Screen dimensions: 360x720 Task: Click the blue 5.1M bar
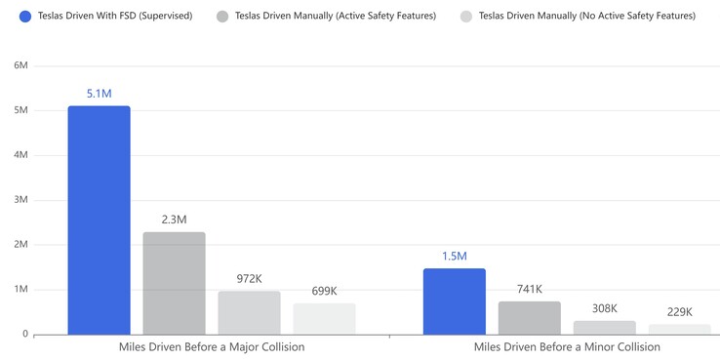99,220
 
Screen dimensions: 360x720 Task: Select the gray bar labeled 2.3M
174,283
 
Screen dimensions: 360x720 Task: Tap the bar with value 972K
249,312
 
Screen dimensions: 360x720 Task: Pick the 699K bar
324,319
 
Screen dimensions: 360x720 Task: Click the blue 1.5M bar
454,301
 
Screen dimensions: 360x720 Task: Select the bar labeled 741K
530,318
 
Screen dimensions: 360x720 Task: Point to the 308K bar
605,328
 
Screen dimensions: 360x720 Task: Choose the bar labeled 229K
680,330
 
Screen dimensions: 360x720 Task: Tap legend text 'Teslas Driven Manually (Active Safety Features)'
336,17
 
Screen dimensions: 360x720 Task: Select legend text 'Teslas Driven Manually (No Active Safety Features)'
586,17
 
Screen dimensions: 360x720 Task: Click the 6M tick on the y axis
20,65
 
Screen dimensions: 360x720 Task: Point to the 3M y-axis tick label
20,200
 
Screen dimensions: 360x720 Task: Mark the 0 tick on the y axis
24,335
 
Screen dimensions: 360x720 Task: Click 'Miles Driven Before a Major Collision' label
212,347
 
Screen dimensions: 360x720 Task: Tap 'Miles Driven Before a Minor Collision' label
567,347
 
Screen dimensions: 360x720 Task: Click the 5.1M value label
99,94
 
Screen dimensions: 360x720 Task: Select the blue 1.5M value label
454,257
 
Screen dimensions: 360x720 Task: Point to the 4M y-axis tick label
20,155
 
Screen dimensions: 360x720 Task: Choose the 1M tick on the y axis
20,290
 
